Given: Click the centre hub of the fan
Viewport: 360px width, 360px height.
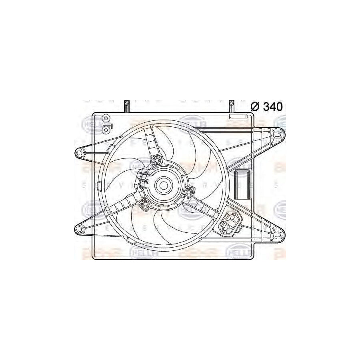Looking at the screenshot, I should pyautogui.click(x=163, y=185).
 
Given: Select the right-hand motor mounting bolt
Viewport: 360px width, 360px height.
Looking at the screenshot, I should pyautogui.click(x=188, y=192).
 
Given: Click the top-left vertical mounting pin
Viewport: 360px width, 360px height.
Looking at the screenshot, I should pyautogui.click(x=126, y=106).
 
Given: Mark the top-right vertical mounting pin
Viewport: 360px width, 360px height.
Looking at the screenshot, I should pyautogui.click(x=232, y=106).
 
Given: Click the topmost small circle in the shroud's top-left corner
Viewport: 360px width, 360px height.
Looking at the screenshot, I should pyautogui.click(x=106, y=118).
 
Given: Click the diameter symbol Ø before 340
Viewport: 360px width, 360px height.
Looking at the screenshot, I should pyautogui.click(x=255, y=107).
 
